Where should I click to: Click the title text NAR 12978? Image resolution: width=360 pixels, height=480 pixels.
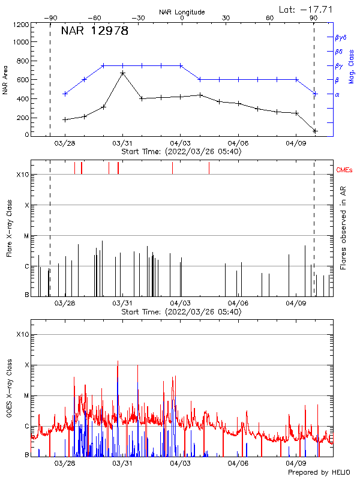95,31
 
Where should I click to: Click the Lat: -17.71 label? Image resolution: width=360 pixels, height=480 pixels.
307,9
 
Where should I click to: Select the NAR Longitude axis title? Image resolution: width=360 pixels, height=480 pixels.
182,12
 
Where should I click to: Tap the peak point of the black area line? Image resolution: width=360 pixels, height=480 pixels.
122,73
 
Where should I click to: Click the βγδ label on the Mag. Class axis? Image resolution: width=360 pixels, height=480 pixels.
340,37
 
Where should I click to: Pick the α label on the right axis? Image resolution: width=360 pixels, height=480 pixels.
337,94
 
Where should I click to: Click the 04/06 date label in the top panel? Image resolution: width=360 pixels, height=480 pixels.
238,144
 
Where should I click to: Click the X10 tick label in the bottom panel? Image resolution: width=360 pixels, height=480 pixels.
23,334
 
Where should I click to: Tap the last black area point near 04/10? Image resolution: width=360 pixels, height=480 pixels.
315,131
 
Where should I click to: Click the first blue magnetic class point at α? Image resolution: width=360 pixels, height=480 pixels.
65,94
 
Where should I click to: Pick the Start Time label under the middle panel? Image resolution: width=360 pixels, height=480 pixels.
181,312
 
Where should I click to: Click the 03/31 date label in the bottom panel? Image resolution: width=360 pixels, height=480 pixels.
122,464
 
